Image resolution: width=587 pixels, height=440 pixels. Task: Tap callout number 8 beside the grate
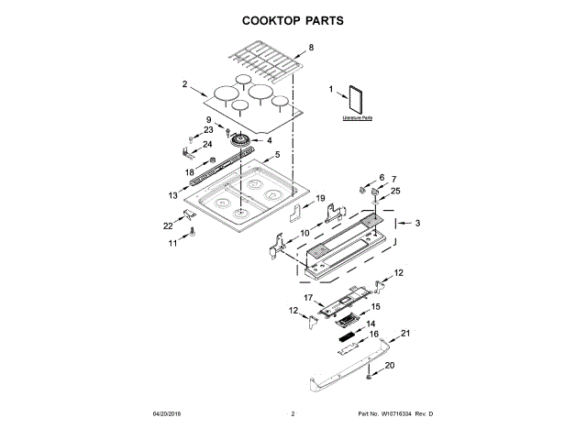(310, 47)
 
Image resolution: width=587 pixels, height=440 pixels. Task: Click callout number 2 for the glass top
(185, 84)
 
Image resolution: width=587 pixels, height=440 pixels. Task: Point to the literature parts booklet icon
(356, 100)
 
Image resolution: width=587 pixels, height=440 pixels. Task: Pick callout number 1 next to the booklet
(331, 89)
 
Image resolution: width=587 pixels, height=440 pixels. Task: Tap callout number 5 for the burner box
(277, 156)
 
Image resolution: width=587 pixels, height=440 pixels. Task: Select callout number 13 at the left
(172, 195)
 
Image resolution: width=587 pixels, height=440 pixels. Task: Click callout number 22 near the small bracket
(168, 225)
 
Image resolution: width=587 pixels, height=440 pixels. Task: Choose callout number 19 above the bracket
(320, 198)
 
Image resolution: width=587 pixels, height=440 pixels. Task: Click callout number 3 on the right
(417, 223)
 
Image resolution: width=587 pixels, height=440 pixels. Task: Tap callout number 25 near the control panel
(396, 191)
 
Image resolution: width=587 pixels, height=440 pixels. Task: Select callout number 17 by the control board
(309, 298)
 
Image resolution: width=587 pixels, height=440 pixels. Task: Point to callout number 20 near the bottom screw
(389, 366)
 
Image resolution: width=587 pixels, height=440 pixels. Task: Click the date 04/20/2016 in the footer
(168, 415)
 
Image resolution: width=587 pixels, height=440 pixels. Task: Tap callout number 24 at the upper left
(207, 144)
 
